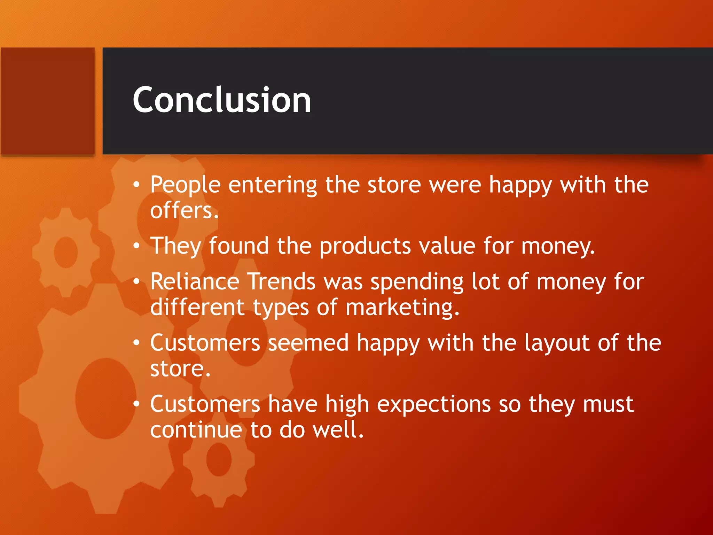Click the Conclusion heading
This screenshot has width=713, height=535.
222,100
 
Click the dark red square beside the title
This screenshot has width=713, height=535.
48,101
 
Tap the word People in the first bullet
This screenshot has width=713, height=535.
185,185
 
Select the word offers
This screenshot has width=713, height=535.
184,211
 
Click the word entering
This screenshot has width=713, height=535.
273,185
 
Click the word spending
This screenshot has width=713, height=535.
417,282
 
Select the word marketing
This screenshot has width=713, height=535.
402,308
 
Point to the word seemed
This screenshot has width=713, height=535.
308,343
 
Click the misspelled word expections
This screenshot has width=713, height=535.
434,405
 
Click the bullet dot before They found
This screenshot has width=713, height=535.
136,246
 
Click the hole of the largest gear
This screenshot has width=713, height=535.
105,398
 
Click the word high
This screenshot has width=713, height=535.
347,405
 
